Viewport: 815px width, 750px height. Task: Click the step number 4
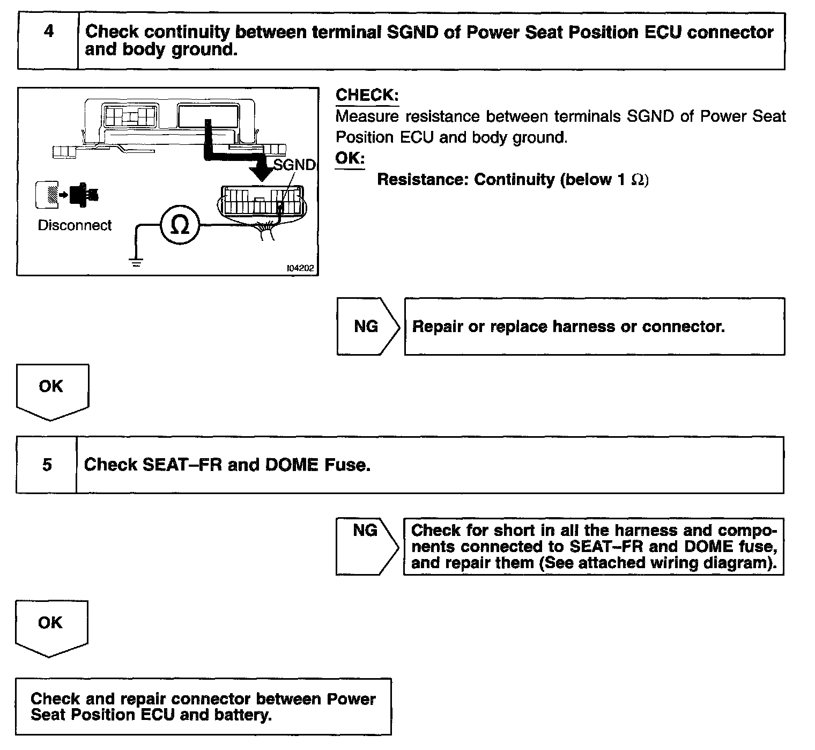[48, 32]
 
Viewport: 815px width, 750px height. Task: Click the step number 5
[47, 465]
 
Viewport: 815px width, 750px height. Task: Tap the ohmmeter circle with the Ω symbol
[180, 226]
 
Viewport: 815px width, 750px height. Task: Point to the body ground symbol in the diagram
[137, 262]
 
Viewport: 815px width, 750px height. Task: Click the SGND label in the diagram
[294, 165]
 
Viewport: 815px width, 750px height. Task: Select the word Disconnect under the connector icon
[75, 225]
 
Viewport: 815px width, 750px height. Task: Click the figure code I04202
[300, 268]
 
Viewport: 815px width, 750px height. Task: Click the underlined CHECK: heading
[367, 95]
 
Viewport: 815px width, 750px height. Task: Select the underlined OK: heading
[350, 158]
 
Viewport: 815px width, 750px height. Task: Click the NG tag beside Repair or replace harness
[366, 326]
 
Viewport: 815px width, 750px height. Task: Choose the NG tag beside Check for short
[365, 531]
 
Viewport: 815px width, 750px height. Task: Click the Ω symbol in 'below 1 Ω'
[639, 180]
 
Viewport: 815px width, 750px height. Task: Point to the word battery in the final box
[243, 715]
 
